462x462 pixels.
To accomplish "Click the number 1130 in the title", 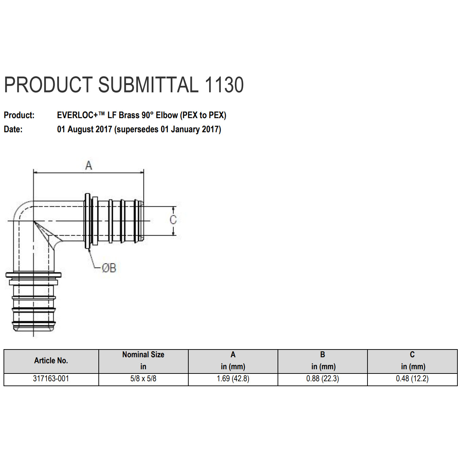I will coord(224,85).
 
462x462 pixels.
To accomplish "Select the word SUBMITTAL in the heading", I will coord(148,85).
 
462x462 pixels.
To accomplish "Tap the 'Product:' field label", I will coord(19,115).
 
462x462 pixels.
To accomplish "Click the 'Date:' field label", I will coord(13,129).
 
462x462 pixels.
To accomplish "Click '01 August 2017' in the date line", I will coord(84,129).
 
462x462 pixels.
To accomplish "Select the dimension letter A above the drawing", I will coord(89,165).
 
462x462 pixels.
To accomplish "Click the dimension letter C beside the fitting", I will coord(173,220).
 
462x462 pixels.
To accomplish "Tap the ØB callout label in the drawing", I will coord(109,268).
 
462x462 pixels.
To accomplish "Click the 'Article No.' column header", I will coord(51,360).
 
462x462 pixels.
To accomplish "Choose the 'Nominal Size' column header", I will coord(143,355).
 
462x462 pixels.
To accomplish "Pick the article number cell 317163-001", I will coord(51,379).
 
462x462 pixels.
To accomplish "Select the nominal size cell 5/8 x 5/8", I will coord(143,379).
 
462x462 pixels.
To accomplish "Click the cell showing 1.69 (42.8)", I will coord(233,379).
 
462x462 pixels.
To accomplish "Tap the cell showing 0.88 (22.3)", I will coord(322,379).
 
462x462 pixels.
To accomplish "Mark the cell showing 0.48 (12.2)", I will coord(412,379).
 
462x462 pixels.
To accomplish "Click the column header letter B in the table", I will coord(322,355).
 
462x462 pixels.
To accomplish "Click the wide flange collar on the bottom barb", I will coord(34,275).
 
